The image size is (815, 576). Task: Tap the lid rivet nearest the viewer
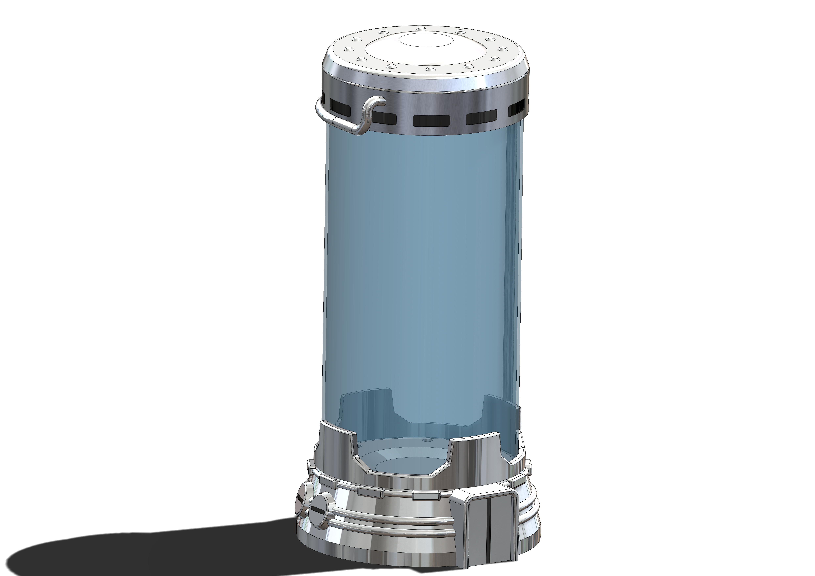pos(430,68)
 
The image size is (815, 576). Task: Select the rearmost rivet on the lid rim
pos(421,28)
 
